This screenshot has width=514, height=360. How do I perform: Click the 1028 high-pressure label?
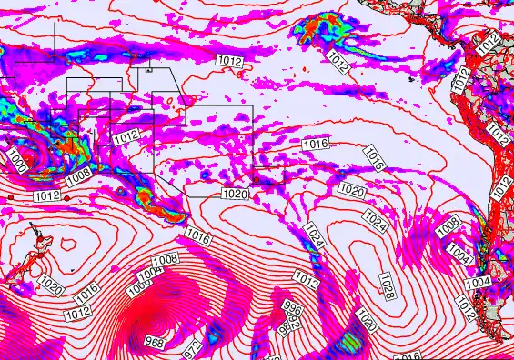pos(387,283)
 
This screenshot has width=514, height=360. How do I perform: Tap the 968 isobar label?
pos(154,342)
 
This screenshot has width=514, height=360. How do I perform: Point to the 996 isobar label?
pos(292,309)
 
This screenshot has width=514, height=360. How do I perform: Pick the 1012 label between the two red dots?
pos(45,195)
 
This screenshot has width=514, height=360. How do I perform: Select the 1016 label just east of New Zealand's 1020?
pos(86,293)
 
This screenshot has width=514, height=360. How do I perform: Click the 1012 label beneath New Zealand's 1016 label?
pos(79,313)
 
